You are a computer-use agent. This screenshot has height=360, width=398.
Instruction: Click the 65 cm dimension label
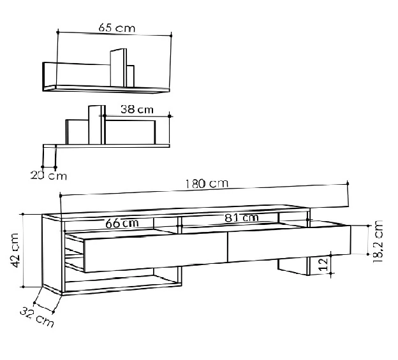point(117,29)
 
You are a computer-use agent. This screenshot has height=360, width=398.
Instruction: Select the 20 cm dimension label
point(48,175)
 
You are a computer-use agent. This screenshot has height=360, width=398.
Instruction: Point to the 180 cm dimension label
point(207,184)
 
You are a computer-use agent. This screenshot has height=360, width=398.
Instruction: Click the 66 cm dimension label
point(122,223)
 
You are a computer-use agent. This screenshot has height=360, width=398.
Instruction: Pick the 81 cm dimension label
point(241,218)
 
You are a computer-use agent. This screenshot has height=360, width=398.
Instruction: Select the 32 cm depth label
point(37,316)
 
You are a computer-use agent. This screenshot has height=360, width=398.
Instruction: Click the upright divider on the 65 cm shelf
point(118,68)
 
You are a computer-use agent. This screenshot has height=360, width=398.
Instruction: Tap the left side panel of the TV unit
point(53,255)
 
